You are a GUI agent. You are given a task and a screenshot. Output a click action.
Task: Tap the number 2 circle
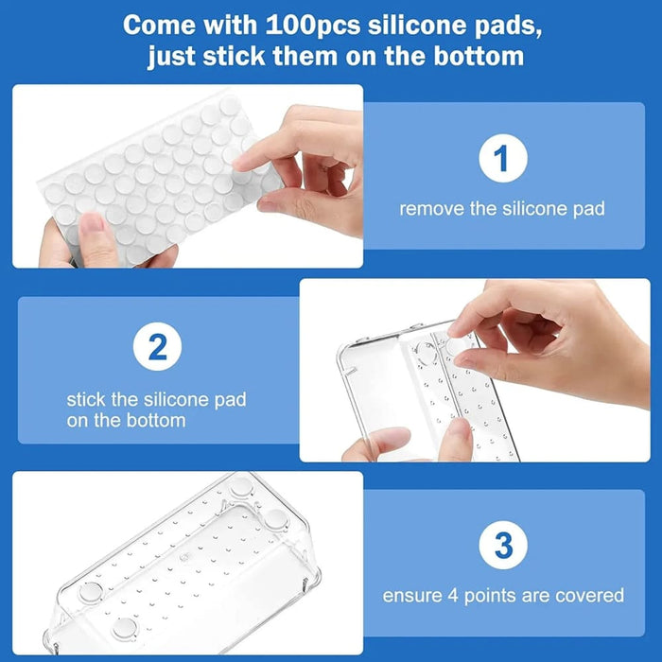coord(158,349)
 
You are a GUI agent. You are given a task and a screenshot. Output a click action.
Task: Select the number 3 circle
coord(503,546)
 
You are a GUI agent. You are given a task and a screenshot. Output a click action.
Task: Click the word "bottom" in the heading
coord(470,56)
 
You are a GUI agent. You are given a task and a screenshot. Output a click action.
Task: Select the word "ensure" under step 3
coord(411,595)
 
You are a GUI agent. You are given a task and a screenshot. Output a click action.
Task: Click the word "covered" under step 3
coord(591,595)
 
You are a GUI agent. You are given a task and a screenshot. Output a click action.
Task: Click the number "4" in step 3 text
coord(452,595)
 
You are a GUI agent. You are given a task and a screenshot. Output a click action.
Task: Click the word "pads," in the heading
coord(507,25)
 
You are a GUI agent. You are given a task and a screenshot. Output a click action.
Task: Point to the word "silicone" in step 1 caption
coord(535,208)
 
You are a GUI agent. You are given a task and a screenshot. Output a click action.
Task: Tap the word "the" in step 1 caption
coord(484,208)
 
